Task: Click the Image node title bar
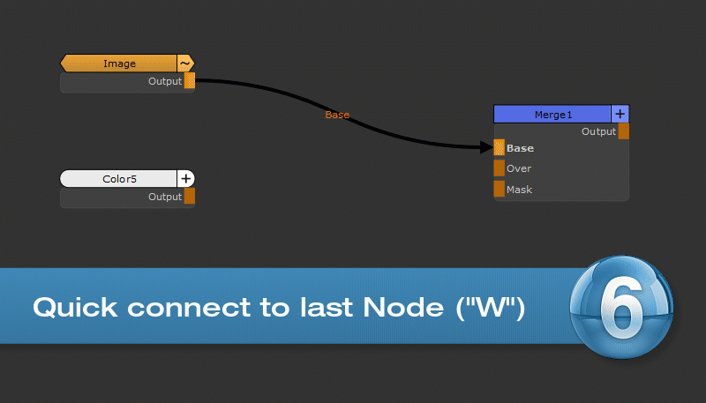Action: [119, 63]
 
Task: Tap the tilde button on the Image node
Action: [185, 63]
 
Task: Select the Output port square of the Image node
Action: [190, 81]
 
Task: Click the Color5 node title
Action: [119, 179]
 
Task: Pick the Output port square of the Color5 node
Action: [190, 197]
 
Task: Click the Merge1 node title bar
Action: [552, 115]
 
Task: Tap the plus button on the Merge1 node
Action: [620, 115]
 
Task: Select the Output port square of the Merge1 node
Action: [624, 131]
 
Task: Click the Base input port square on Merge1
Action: [499, 148]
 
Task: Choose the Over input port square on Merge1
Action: [499, 168]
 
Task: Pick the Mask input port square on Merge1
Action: [499, 190]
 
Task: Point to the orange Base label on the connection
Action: [337, 115]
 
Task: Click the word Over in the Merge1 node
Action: [519, 168]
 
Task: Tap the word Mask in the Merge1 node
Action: [520, 190]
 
